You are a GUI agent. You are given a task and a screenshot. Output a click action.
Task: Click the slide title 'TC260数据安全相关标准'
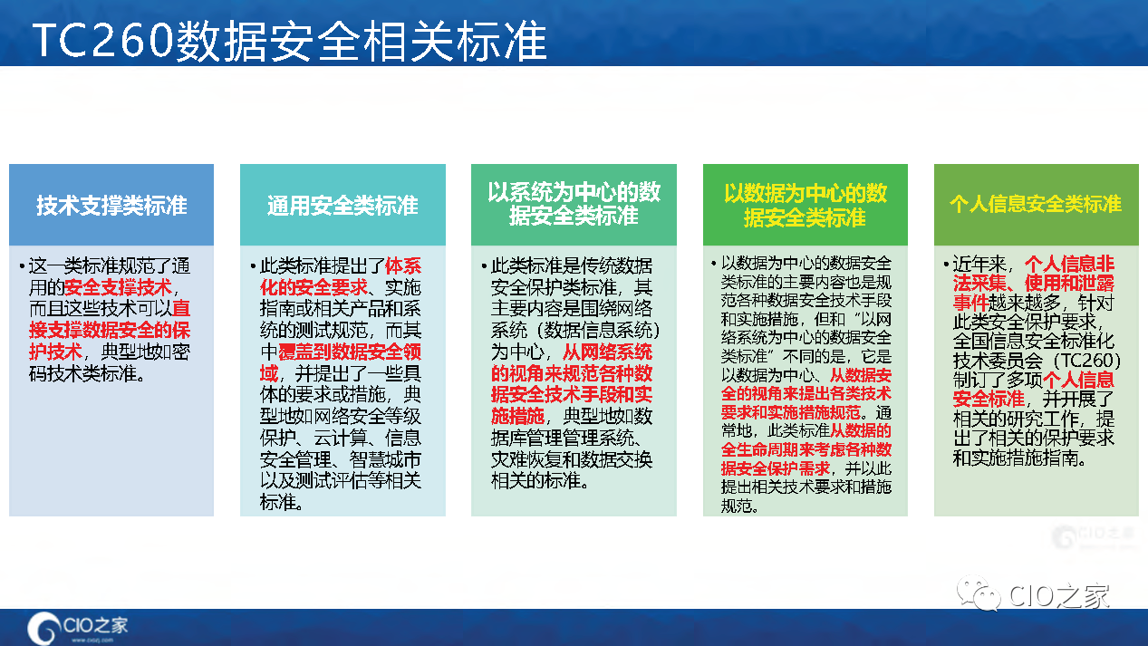(290, 41)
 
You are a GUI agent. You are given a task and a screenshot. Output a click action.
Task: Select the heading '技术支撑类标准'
(111, 206)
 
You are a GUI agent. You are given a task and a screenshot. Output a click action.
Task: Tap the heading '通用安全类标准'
(342, 206)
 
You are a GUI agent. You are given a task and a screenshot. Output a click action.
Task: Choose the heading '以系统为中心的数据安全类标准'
(574, 204)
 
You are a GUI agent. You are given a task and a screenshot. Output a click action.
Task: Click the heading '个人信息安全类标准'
(1036, 204)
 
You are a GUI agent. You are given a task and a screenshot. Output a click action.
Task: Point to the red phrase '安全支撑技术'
(118, 287)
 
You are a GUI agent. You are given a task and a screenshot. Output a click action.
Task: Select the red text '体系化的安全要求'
(341, 276)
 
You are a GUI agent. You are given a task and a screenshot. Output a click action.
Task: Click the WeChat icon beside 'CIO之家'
(979, 593)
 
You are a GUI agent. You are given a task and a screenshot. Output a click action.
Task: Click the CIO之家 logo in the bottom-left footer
(77, 627)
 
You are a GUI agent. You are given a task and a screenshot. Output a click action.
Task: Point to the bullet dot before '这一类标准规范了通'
(22, 265)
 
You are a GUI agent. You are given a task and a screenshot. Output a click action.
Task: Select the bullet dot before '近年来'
(946, 265)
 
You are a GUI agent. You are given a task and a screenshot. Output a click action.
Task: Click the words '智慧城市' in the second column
(385, 459)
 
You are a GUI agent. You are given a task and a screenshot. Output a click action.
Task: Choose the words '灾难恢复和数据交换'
(572, 459)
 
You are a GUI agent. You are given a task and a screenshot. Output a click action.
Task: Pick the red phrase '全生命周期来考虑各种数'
(806, 449)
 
